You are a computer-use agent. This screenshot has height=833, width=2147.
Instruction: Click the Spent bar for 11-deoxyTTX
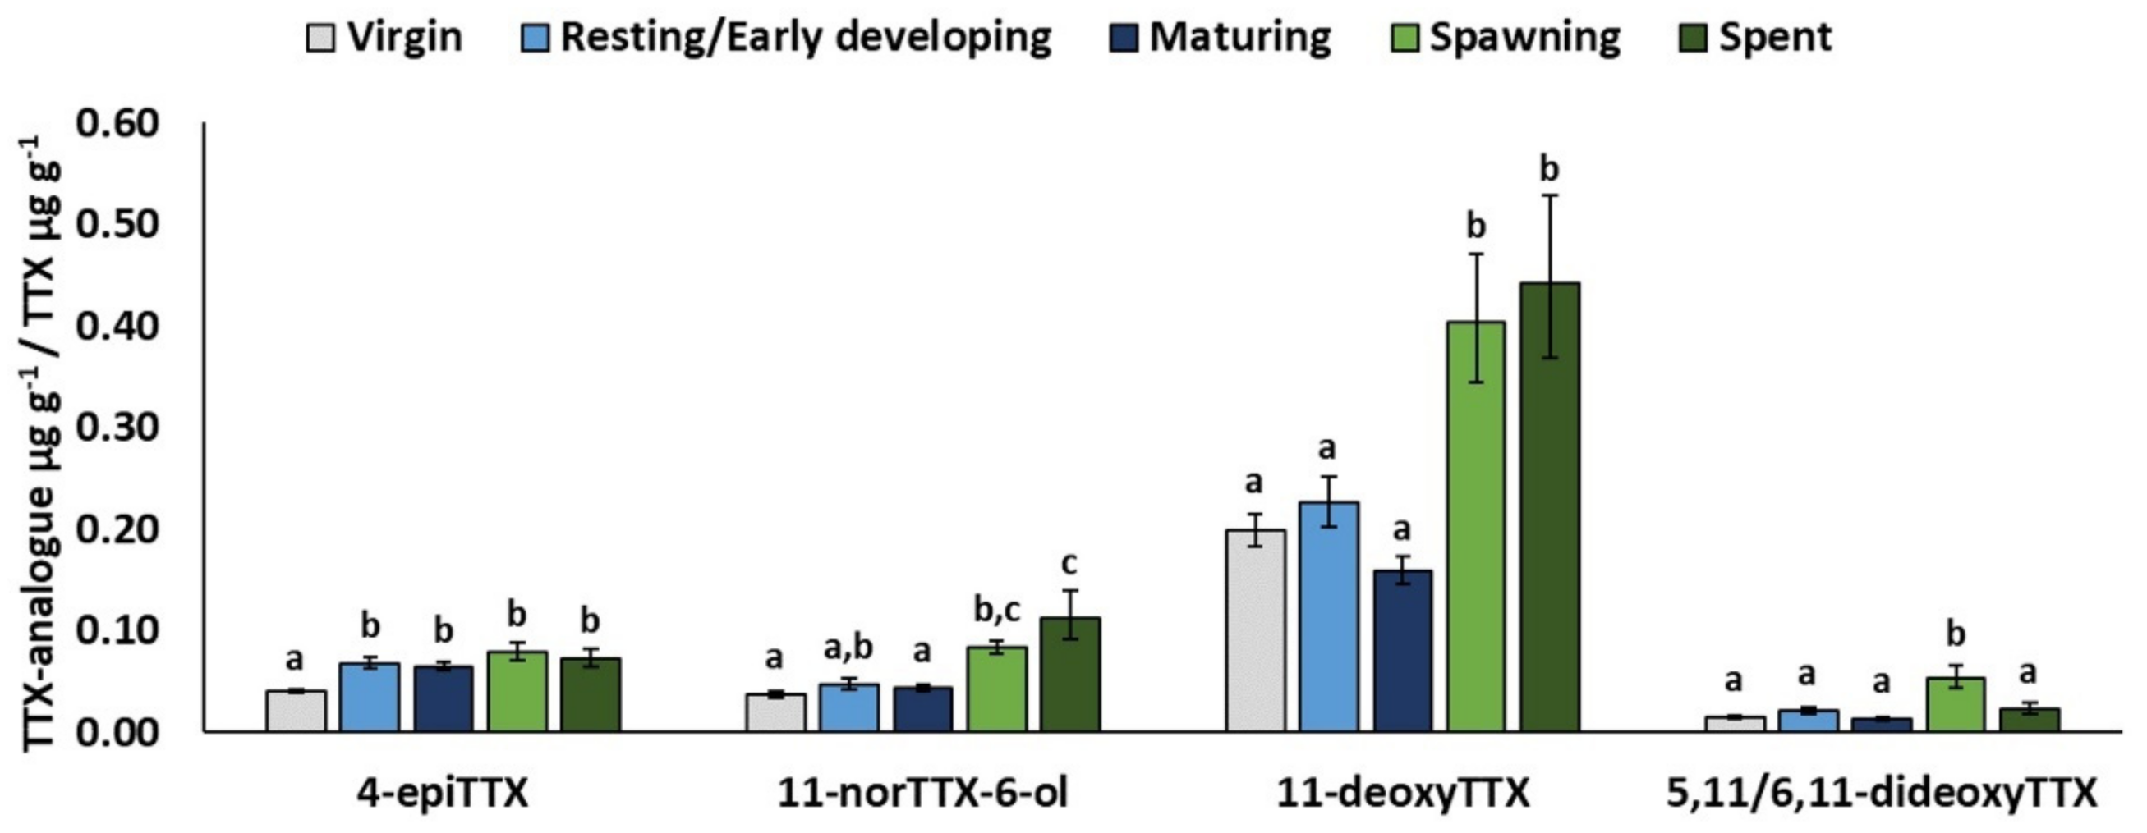coord(1549,507)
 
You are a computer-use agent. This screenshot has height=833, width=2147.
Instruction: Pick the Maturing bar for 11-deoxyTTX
coord(1403,651)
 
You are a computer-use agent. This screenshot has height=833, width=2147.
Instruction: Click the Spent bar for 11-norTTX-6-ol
coord(1069,674)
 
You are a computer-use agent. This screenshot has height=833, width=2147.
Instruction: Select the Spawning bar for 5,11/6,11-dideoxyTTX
coord(1956,705)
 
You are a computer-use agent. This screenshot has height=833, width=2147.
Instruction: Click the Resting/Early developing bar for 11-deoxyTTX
coord(1329,616)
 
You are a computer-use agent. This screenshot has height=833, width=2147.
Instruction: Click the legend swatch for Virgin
coord(321,38)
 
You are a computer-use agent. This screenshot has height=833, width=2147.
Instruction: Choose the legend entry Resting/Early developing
coord(804,38)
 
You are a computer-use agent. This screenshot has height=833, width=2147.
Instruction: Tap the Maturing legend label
coord(1239,38)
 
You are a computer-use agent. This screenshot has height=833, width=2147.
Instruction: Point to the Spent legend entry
coord(1774,38)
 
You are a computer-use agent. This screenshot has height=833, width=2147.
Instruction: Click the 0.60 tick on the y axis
coord(117,123)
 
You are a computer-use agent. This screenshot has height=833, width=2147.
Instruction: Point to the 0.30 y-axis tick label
coord(117,428)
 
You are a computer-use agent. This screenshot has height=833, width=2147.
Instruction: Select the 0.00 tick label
coord(117,732)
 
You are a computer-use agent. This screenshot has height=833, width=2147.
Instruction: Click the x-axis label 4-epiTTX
coord(443,793)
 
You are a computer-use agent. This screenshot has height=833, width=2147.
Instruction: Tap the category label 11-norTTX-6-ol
coord(922,793)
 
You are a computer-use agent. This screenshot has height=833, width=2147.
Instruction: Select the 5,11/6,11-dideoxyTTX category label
coord(1881,793)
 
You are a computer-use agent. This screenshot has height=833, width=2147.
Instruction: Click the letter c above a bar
coord(1069,564)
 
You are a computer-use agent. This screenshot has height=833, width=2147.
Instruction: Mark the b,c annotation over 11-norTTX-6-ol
coord(997,610)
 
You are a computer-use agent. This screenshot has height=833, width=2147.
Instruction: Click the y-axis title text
coord(38,442)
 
